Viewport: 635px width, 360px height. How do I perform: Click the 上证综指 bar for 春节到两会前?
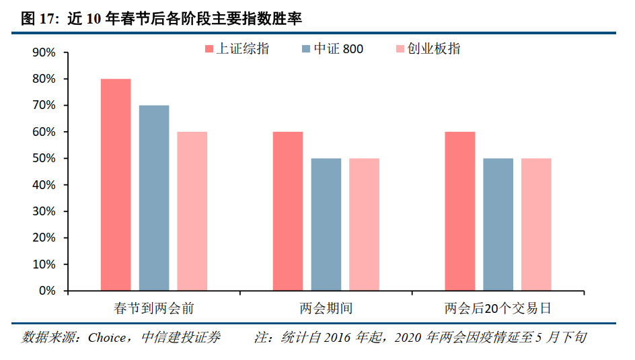[x=116, y=185]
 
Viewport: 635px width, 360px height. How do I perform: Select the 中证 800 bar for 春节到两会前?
[x=154, y=198]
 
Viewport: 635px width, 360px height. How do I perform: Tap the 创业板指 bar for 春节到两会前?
[x=192, y=211]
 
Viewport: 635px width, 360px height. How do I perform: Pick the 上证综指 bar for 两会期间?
[x=288, y=211]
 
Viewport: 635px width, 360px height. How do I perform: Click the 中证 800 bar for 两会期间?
[x=326, y=225]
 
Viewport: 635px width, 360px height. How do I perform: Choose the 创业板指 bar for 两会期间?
[x=364, y=225]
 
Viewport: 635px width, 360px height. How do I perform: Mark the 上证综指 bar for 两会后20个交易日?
[x=460, y=211]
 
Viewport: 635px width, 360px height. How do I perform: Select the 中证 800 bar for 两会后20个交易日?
[x=498, y=225]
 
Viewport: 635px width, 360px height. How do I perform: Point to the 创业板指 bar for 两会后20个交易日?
[x=536, y=225]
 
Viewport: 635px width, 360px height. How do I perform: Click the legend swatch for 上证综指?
[x=209, y=49]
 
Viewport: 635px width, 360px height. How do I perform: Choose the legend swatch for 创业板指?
[x=400, y=49]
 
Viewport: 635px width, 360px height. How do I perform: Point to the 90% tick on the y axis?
[x=44, y=52]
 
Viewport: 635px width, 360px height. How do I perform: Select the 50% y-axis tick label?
[x=44, y=159]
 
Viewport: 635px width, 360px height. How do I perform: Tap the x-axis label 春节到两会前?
[x=154, y=309]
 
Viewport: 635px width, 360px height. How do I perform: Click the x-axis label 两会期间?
[x=326, y=309]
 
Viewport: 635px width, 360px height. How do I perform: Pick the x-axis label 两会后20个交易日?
[x=498, y=309]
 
